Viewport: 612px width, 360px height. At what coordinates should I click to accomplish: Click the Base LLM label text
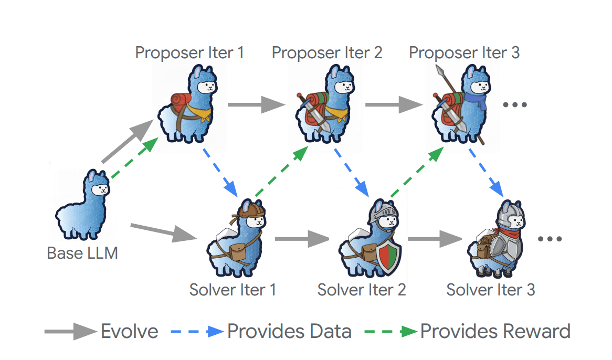[x=82, y=253]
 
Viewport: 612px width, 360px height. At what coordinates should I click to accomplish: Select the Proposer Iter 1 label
[x=189, y=52]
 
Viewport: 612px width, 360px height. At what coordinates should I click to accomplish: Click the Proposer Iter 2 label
[x=327, y=52]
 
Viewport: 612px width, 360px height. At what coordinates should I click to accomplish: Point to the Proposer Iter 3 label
[x=464, y=52]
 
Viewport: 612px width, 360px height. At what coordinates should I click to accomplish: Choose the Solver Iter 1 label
[x=233, y=289]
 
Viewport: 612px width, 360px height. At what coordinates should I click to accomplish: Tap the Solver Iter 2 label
[x=362, y=289]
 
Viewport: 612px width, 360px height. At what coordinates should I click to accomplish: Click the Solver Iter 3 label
[x=491, y=289]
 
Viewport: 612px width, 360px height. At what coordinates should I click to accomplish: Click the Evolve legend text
[x=129, y=332]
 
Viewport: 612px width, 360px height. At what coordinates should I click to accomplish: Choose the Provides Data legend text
[x=289, y=332]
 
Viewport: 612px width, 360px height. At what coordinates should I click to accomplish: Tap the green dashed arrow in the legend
[x=391, y=332]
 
